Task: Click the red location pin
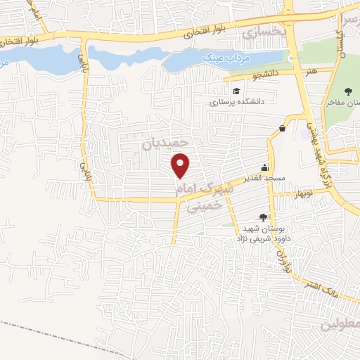click(181, 165)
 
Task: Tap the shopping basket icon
click(282, 127)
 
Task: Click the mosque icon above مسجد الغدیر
click(264, 167)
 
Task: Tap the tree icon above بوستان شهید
click(263, 217)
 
